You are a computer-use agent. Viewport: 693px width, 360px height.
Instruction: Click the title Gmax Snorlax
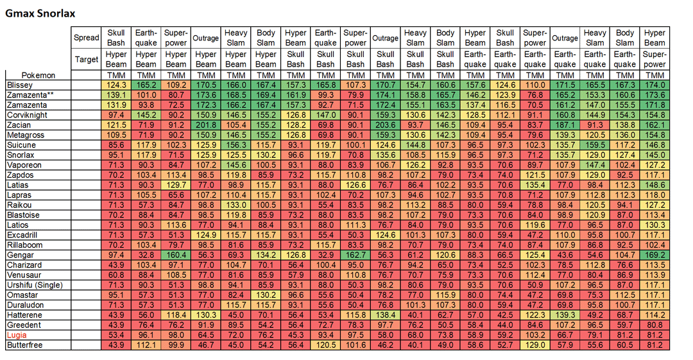coord(40,13)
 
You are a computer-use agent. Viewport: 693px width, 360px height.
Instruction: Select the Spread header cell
coord(86,38)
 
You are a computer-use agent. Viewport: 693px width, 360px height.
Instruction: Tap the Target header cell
coord(86,59)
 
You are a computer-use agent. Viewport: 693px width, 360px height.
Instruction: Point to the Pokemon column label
coord(38,75)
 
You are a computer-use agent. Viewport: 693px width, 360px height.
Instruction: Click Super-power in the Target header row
coord(654,59)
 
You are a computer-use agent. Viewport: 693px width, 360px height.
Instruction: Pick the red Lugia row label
coord(17,335)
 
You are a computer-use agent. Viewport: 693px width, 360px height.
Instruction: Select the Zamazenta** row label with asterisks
coord(31,95)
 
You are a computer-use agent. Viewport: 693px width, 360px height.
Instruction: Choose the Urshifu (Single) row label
coord(35,286)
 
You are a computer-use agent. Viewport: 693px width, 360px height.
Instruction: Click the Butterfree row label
coord(25,345)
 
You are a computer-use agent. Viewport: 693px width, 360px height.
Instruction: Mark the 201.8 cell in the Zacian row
coord(206,125)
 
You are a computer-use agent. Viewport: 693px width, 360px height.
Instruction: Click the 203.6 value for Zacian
coord(386,125)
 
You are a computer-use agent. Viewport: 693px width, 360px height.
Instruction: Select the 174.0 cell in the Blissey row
coord(654,85)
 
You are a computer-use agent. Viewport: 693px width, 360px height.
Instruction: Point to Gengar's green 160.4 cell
coord(176,255)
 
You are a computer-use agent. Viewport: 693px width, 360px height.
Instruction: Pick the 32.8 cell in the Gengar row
coord(146,255)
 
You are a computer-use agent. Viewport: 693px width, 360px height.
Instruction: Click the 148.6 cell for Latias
coord(654,185)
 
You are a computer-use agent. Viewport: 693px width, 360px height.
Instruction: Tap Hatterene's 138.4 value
coord(386,315)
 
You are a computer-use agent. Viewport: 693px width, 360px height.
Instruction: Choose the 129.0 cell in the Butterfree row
coord(535,345)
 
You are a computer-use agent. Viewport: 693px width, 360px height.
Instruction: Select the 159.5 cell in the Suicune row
coord(595,145)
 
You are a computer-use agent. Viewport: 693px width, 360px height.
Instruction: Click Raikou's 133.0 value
coord(235,205)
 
